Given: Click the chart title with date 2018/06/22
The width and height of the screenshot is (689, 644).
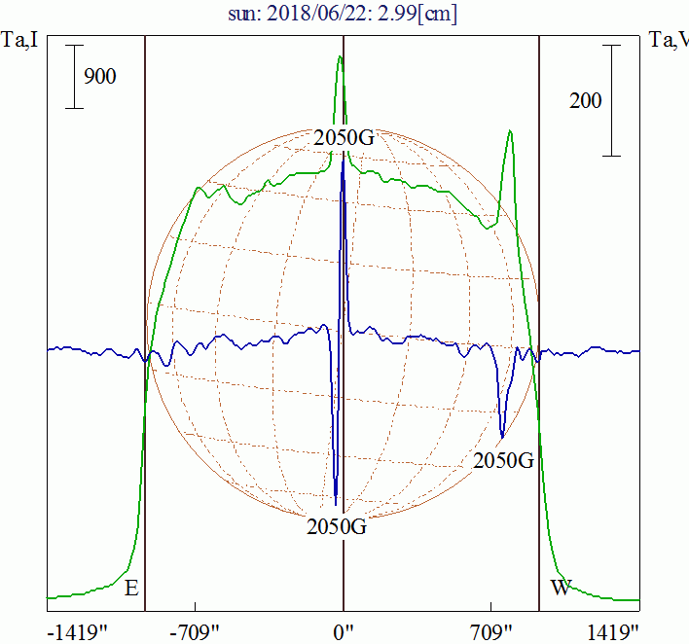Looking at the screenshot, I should click(344, 14).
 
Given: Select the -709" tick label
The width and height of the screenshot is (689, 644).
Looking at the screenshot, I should click(198, 632).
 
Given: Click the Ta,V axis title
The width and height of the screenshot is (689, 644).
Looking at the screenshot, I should click(669, 40).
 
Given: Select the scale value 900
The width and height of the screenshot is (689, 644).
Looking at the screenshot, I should click(100, 77).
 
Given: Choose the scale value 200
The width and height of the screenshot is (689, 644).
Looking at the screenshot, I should click(585, 100).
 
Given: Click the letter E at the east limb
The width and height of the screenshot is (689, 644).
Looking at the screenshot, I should click(132, 588).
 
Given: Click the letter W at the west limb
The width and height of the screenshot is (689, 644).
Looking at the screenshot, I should click(562, 588).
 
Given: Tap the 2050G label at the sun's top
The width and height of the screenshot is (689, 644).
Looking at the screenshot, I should click(344, 137).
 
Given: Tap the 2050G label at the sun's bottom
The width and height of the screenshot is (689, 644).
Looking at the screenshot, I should click(337, 527).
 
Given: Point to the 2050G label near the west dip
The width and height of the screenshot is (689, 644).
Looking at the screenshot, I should click(503, 460).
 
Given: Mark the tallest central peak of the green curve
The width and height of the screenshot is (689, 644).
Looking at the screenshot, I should click(341, 56).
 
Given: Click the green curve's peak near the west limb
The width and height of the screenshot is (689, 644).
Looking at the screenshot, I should click(509, 131).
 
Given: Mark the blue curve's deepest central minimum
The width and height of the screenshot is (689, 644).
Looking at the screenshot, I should click(336, 503).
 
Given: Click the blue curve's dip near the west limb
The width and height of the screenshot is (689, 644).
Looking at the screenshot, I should click(502, 435).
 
